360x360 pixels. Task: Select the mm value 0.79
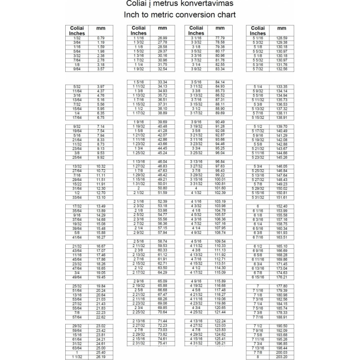point(101,38)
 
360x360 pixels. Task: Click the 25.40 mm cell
point(101,352)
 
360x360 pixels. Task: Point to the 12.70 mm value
point(101,193)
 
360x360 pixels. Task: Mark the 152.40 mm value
point(282,206)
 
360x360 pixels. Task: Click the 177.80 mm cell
point(282,286)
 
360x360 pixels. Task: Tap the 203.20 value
point(282,357)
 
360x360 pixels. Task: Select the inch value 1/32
point(76,38)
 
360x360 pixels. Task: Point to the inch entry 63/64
point(76,348)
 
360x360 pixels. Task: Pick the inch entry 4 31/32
point(196,343)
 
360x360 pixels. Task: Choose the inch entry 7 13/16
point(258,348)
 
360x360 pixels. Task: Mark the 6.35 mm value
point(101,113)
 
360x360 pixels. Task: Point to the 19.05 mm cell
point(101,273)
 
